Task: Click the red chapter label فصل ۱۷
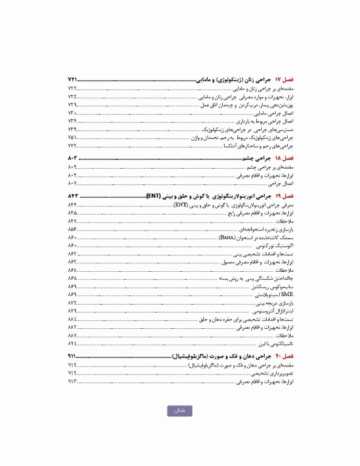click(x=284, y=80)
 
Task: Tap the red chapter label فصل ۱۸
click(x=284, y=158)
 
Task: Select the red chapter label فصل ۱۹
click(x=284, y=197)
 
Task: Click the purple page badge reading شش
click(x=180, y=411)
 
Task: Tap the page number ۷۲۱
click(x=73, y=80)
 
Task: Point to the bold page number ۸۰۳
click(x=73, y=158)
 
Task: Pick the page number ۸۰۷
click(x=72, y=183)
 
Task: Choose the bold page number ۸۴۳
click(x=73, y=197)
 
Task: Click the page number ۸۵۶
click(x=72, y=229)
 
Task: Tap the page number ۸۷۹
click(x=72, y=310)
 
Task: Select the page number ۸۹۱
click(x=72, y=343)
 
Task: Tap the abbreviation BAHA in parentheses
click(x=226, y=237)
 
